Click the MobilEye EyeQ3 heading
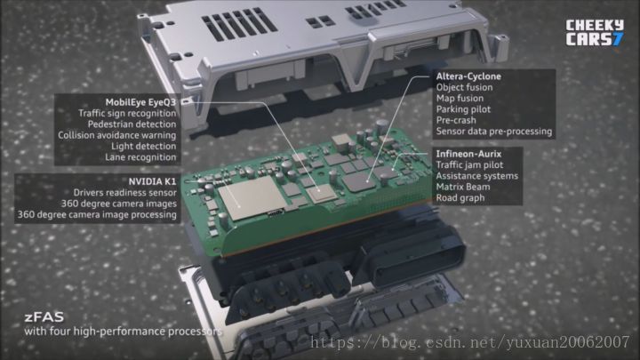140,102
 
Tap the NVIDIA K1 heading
152,181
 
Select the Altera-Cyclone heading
468,76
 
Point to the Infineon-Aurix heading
468,154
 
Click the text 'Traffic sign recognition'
127,114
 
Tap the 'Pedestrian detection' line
132,124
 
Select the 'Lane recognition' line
140,157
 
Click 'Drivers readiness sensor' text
125,192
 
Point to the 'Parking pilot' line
463,109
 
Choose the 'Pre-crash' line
456,120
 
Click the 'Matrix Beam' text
463,187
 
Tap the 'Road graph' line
460,198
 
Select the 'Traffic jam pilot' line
469,165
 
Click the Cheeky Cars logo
595,32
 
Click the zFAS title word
44,317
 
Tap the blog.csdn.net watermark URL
470,342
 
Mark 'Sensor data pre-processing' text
494,132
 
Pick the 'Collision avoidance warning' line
117,135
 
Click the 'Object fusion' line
464,87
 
